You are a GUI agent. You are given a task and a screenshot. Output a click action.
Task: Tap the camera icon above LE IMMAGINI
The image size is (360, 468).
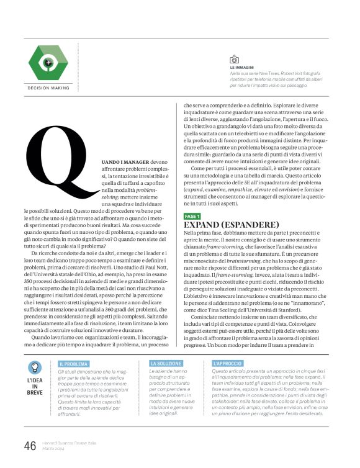pos(234,60)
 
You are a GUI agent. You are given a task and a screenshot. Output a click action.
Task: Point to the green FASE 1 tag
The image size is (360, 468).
pos(192,216)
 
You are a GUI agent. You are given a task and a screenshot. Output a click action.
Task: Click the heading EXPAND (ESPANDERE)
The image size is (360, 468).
pos(232,224)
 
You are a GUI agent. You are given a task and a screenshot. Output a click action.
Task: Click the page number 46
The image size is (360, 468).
pos(30,446)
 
